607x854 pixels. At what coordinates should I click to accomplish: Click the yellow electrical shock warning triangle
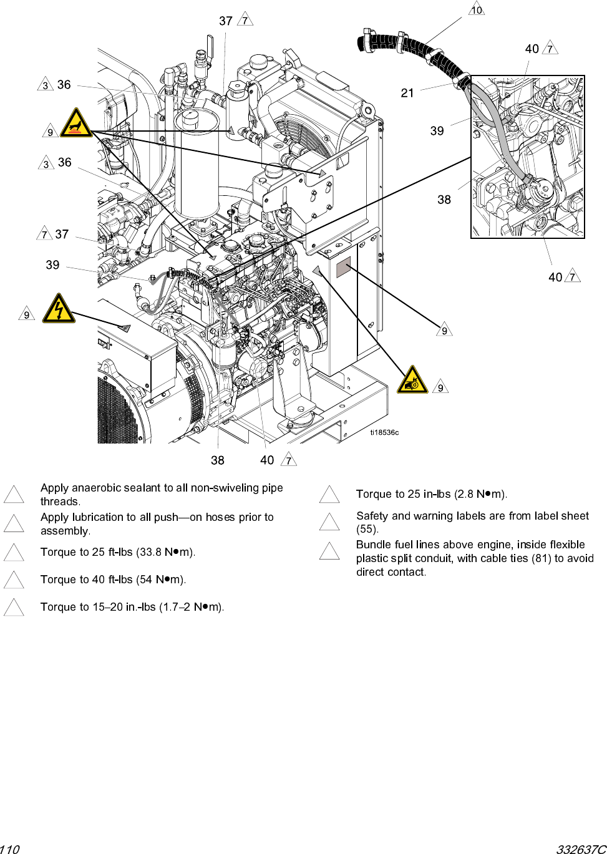pyautogui.click(x=59, y=309)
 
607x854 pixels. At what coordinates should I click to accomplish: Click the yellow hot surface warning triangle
pyautogui.click(x=76, y=123)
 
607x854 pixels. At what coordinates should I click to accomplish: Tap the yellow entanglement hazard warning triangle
pyautogui.click(x=412, y=381)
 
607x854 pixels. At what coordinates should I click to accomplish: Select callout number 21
pyautogui.click(x=407, y=93)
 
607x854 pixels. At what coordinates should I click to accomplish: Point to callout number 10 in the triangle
pyautogui.click(x=477, y=10)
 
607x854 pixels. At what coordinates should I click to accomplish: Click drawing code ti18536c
pyautogui.click(x=384, y=432)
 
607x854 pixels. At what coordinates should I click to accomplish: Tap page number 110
pyautogui.click(x=10, y=849)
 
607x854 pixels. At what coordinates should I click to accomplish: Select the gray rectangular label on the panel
pyautogui.click(x=344, y=269)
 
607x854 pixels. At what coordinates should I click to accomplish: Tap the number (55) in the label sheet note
pyautogui.click(x=367, y=529)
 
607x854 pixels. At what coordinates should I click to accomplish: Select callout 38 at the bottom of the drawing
pyautogui.click(x=217, y=460)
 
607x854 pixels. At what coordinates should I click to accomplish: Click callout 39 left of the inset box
pyautogui.click(x=437, y=131)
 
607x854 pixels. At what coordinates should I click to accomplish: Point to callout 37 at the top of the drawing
pyautogui.click(x=226, y=21)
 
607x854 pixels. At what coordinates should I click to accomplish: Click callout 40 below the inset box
pyautogui.click(x=555, y=277)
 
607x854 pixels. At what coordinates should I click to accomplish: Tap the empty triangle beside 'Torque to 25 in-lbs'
pyautogui.click(x=329, y=495)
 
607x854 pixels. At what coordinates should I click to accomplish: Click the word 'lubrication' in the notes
pyautogui.click(x=96, y=517)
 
